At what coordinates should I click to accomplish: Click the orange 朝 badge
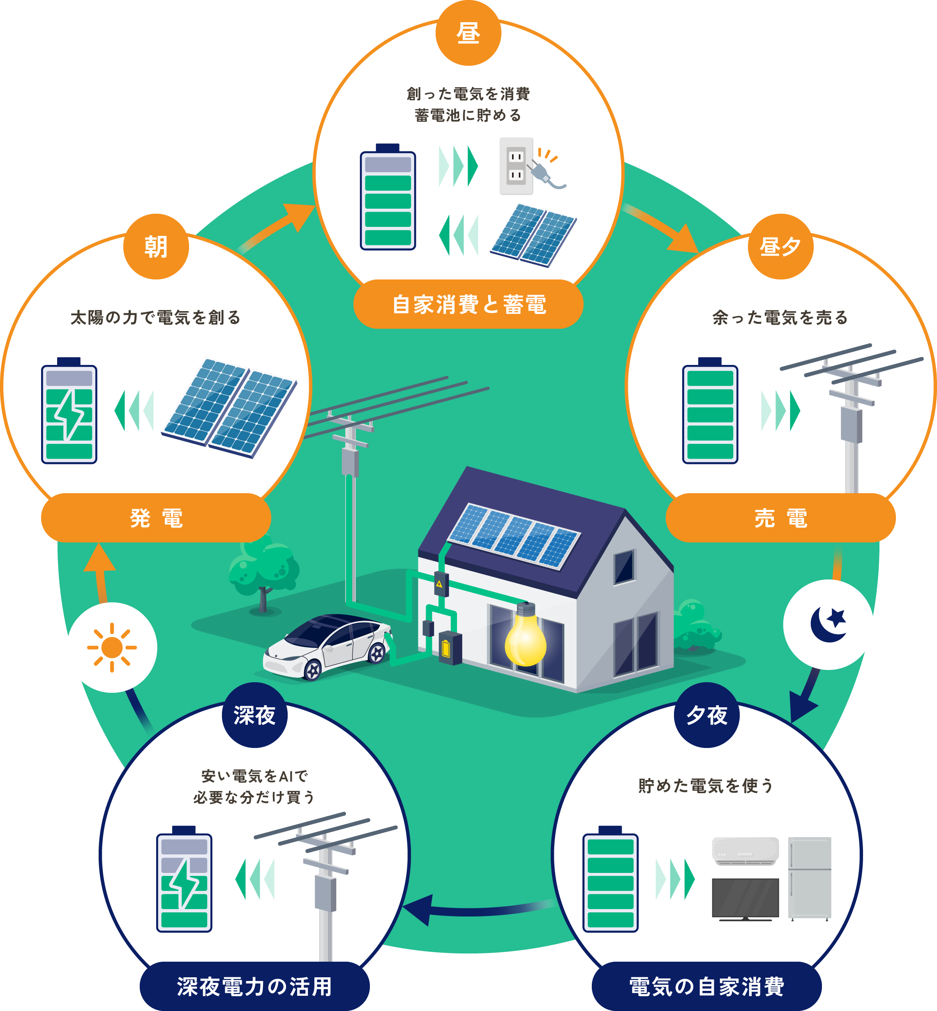coord(156,247)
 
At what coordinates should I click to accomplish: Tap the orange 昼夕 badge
coord(780,247)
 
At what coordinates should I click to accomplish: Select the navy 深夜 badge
coord(254,716)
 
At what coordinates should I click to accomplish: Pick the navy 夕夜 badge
coord(706,716)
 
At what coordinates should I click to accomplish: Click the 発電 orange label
coord(156,518)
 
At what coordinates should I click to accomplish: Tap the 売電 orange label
coord(780,518)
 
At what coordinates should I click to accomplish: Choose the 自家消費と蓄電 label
coord(468,304)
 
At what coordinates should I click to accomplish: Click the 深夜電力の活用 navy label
coord(254,987)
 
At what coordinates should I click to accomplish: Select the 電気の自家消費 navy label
coord(706,987)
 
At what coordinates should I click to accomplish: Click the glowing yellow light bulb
coord(525,636)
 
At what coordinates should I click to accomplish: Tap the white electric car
coord(327,646)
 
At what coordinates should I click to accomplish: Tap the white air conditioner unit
coord(745,851)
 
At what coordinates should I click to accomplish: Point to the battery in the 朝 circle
coord(69,411)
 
